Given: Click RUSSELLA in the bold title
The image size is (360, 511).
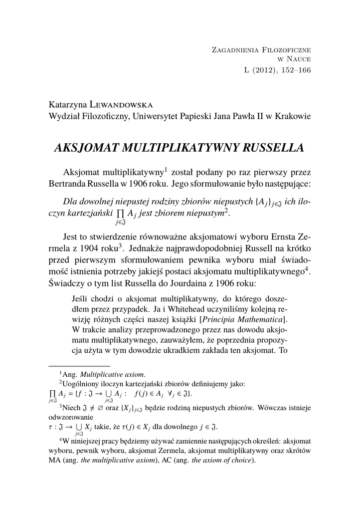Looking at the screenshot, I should tap(273, 148).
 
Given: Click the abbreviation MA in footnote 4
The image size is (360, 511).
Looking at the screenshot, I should tap(54, 460).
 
